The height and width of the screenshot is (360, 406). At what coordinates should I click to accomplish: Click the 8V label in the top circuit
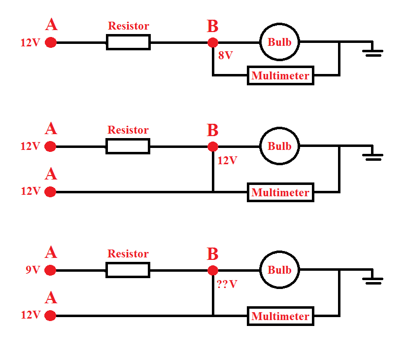[x=225, y=55]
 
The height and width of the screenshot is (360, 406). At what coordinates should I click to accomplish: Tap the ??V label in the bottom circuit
[x=227, y=284]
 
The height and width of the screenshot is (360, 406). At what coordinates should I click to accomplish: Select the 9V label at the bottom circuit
[x=33, y=270]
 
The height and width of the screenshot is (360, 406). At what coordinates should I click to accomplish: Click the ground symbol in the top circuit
[x=373, y=52]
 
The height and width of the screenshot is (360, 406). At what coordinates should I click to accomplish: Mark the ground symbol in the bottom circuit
[x=373, y=280]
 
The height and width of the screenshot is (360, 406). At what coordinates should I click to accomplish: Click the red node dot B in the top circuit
[x=213, y=42]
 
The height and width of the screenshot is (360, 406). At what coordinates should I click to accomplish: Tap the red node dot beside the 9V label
[x=50, y=270]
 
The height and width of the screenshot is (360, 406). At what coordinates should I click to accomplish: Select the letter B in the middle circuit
[x=212, y=130]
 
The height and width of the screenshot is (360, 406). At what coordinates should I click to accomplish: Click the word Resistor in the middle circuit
[x=128, y=130]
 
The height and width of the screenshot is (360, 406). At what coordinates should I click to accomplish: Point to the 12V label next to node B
[x=227, y=160]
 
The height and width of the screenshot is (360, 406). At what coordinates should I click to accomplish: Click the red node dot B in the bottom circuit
[x=213, y=270]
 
